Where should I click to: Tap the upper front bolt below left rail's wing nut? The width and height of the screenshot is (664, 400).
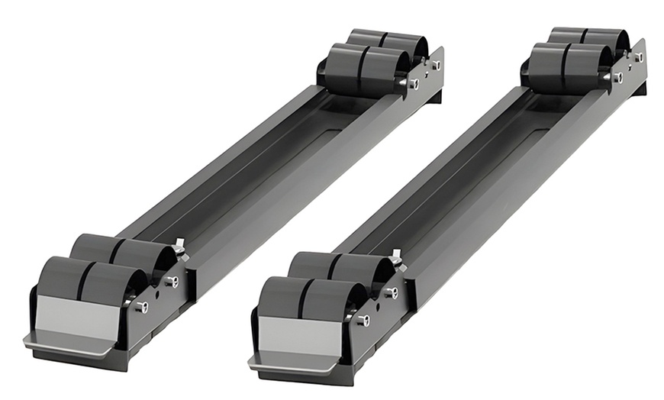click(172, 282)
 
